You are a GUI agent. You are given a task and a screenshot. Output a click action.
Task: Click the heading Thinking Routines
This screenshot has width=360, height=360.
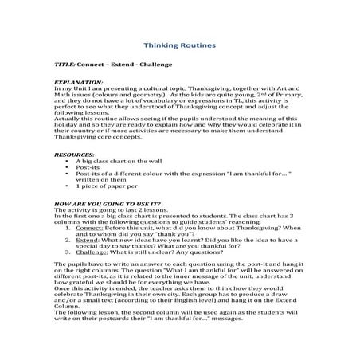[x=180, y=47]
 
